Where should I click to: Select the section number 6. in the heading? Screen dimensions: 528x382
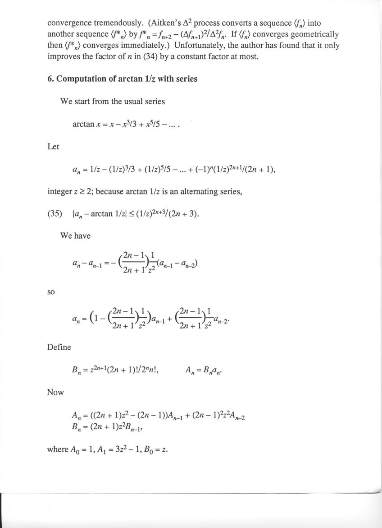pos(51,79)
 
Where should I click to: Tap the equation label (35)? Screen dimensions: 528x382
pos(55,213)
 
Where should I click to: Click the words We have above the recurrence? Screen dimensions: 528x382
pos(75,236)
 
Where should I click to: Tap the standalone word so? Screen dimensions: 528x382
pos(51,293)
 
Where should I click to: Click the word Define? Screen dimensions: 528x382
pos(59,347)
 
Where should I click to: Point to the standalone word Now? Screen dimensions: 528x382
pos(55,393)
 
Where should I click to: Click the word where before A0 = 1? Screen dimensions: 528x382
pos(58,449)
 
